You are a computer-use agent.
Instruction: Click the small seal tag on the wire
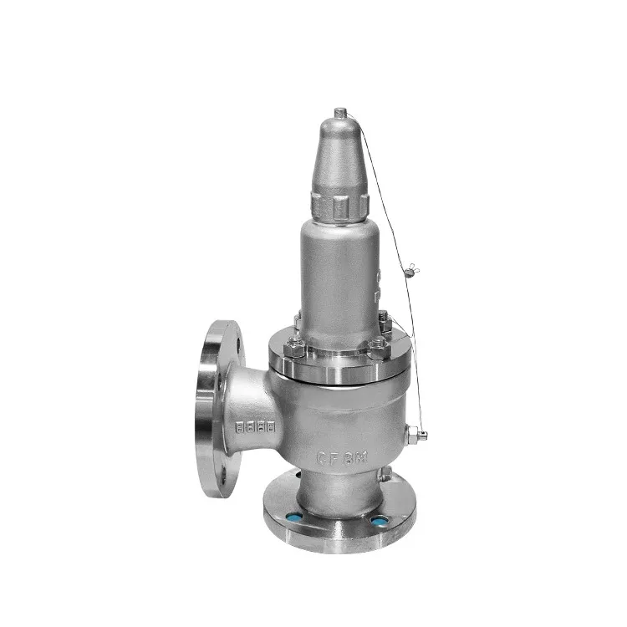point(410,268)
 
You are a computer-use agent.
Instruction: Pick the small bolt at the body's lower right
point(385,474)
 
